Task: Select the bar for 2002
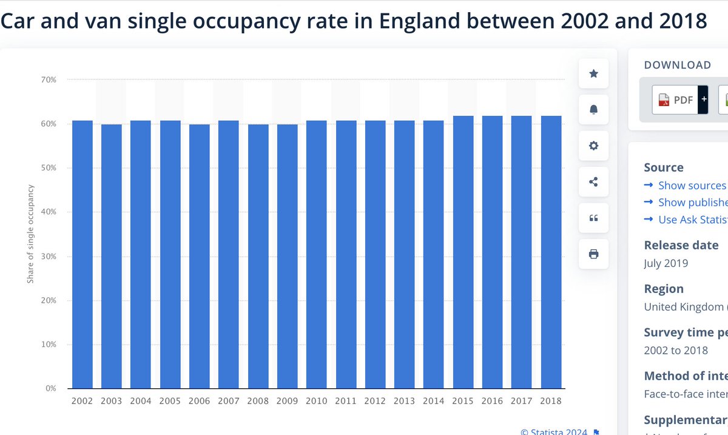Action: [83, 255]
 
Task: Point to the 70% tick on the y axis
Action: [49, 79]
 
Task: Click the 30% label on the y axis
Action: [49, 256]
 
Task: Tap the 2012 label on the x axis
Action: [375, 401]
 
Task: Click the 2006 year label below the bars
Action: [200, 401]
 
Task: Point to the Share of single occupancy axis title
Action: [30, 234]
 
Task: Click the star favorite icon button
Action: [594, 73]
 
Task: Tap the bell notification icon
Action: [594, 109]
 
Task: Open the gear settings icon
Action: [594, 146]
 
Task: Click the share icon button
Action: [594, 181]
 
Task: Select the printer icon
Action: [594, 254]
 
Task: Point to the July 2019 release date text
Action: [666, 263]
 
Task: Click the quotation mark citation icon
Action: [594, 218]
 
